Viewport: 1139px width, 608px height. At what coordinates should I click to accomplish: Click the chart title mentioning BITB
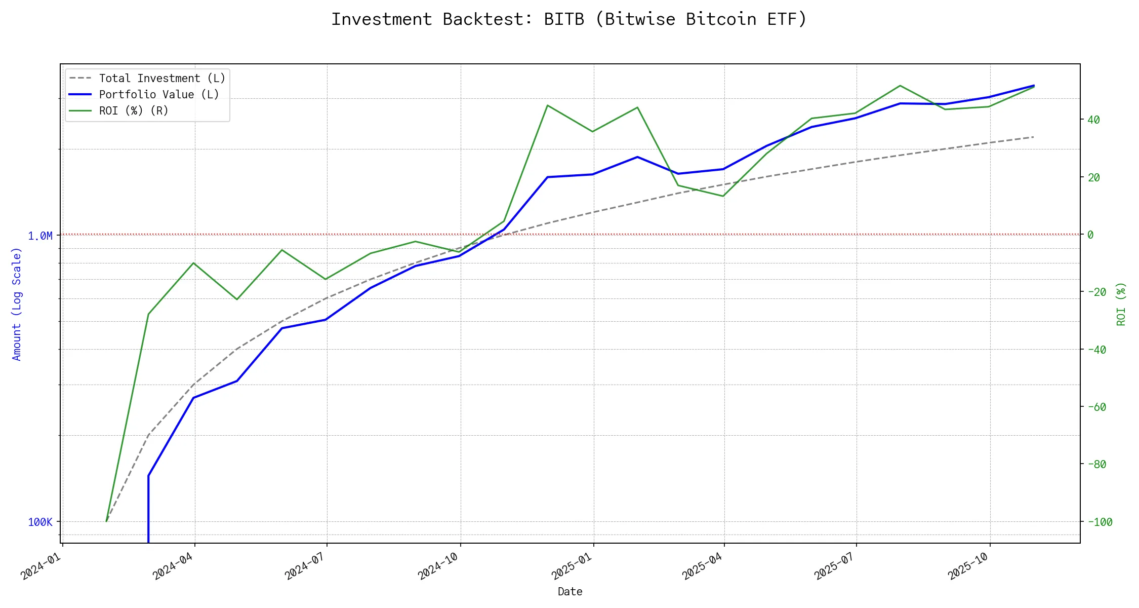569,19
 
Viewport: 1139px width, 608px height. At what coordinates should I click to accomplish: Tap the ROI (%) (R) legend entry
134,111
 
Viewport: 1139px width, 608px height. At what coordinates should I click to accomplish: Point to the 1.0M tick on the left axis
40,236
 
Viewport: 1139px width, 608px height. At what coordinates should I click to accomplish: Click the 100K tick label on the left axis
40,522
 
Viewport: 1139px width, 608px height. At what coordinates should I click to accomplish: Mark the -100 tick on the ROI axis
1100,522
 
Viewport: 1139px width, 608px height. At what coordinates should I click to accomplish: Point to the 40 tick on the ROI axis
1094,120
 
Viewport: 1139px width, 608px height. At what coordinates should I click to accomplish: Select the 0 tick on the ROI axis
1090,235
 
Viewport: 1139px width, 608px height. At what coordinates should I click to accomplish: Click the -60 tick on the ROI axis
1096,407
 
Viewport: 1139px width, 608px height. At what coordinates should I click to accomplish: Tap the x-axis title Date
570,592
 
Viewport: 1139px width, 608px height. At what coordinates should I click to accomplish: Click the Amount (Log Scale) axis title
17,304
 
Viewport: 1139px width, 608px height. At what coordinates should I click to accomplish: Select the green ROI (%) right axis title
1121,304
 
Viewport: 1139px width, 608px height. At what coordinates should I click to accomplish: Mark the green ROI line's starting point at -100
106,521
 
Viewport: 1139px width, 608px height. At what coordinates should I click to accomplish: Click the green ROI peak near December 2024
547,105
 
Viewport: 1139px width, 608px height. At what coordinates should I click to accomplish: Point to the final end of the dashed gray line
1033,137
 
